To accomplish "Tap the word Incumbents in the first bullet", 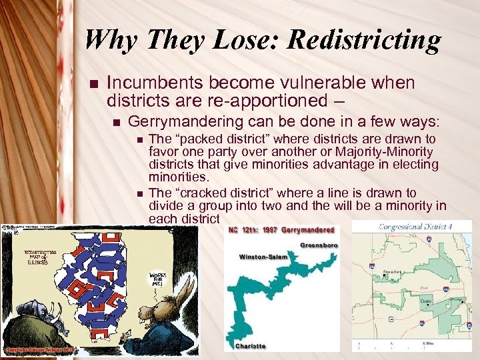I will click(154, 83).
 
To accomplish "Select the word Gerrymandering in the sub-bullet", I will click(183, 122).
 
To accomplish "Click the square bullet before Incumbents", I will click(93, 84).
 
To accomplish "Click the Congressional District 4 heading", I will click(415, 227).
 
